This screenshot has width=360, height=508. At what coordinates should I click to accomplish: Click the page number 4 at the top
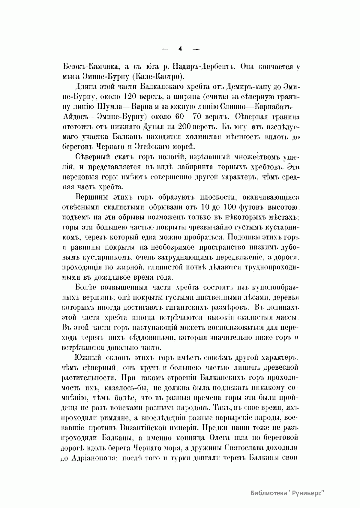click(180, 49)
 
